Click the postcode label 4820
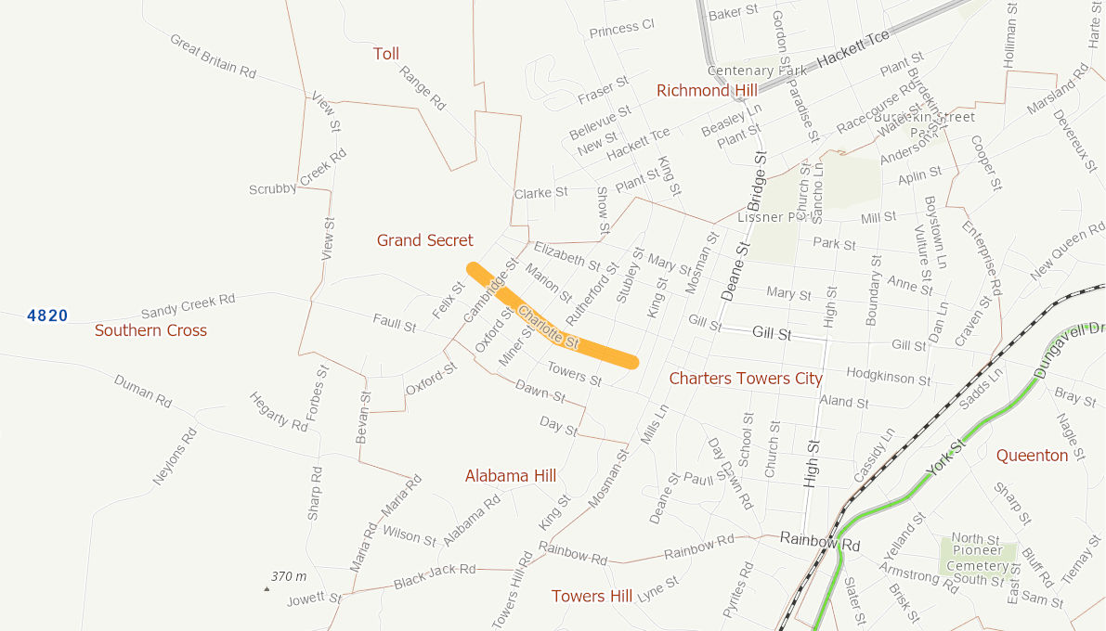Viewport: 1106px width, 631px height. point(47,315)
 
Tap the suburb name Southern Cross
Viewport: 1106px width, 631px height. point(150,330)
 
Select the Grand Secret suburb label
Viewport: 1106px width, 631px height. point(424,240)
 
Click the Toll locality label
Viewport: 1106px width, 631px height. point(386,54)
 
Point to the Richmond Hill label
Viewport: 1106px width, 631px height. point(707,90)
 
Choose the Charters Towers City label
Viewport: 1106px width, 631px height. point(746,378)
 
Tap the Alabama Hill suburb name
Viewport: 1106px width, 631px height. point(510,475)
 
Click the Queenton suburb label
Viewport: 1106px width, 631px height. point(1032,456)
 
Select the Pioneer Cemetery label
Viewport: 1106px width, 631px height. point(977,558)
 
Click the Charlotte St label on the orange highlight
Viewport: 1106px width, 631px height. point(549,328)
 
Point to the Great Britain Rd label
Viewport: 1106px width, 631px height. point(213,57)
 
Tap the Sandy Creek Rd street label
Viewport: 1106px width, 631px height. point(188,305)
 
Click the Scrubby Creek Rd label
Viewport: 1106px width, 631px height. point(298,174)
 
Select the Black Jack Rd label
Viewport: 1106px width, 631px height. point(434,576)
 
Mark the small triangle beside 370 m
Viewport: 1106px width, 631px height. point(267,588)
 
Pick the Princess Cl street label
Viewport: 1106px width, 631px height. point(621,30)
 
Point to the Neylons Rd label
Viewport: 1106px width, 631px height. point(176,457)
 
